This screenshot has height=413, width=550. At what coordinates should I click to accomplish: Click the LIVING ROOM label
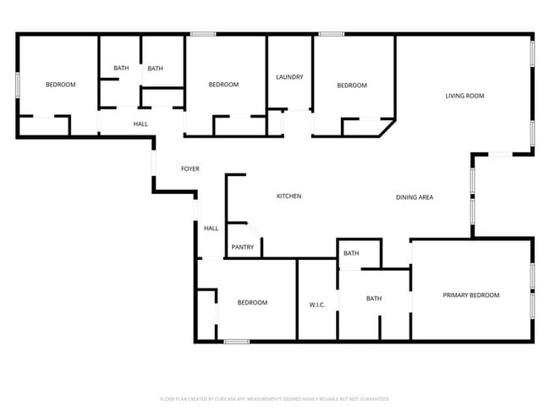click(465, 96)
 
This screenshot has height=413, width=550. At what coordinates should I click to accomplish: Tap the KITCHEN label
click(289, 196)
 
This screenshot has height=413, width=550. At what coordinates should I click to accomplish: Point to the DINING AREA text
click(415, 197)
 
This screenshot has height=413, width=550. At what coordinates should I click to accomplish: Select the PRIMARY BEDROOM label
click(471, 295)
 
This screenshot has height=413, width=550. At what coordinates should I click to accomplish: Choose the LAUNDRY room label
click(289, 77)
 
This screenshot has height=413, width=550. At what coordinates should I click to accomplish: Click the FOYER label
click(190, 169)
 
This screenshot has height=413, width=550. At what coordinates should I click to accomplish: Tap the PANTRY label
click(243, 247)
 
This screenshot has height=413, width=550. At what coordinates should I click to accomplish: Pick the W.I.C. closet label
click(317, 304)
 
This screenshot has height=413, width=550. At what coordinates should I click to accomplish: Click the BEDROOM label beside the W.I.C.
click(252, 303)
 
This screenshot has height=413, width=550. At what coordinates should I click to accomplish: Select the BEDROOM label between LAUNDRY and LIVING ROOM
click(352, 85)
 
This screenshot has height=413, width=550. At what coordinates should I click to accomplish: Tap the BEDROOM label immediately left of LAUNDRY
click(223, 85)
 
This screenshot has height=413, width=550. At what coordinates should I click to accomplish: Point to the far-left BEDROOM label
click(60, 85)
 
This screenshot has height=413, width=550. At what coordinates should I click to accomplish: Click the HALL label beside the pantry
click(211, 228)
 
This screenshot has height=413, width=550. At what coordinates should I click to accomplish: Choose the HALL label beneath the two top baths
click(140, 124)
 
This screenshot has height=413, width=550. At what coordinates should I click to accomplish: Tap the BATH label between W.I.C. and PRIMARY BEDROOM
click(374, 298)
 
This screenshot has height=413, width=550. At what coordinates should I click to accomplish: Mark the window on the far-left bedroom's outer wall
click(18, 85)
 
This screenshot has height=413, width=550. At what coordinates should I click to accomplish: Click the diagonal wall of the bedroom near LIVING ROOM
click(388, 127)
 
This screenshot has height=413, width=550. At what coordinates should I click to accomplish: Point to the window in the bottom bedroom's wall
click(237, 341)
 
